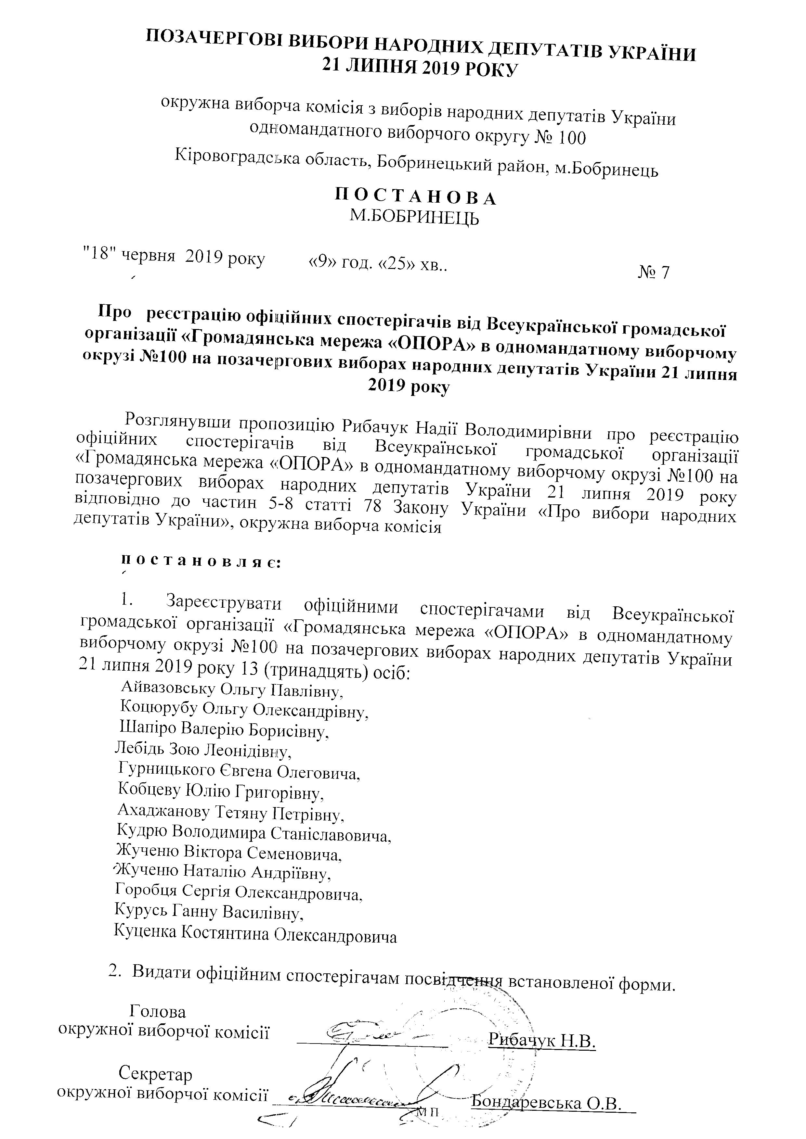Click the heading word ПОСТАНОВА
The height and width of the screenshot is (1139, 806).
[x=415, y=197]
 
